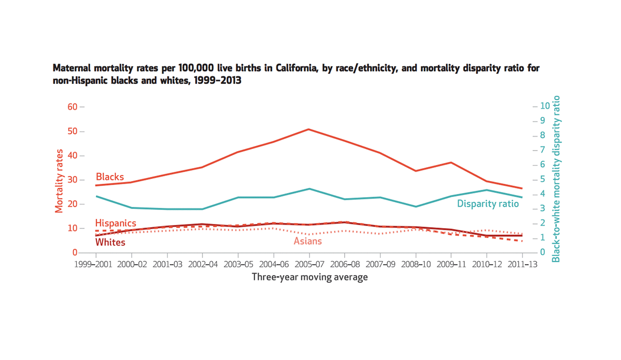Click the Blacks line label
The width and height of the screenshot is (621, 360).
[110, 177]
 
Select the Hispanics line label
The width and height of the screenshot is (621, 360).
[116, 223]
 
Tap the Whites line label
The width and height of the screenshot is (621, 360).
[110, 242]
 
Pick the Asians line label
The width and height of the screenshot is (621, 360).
[307, 241]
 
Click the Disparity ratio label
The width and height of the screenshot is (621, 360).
[487, 204]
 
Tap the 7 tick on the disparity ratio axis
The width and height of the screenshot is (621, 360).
[542, 150]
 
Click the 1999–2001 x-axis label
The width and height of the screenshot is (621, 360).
[96, 264]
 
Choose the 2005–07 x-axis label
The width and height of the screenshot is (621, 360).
[309, 264]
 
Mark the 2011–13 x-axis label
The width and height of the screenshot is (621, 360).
[522, 264]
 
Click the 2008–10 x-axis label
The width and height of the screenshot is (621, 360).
[416, 264]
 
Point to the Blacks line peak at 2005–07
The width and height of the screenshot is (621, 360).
[309, 129]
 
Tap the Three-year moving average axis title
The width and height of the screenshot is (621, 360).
[309, 277]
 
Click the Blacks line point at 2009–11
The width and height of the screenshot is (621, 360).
[451, 162]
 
